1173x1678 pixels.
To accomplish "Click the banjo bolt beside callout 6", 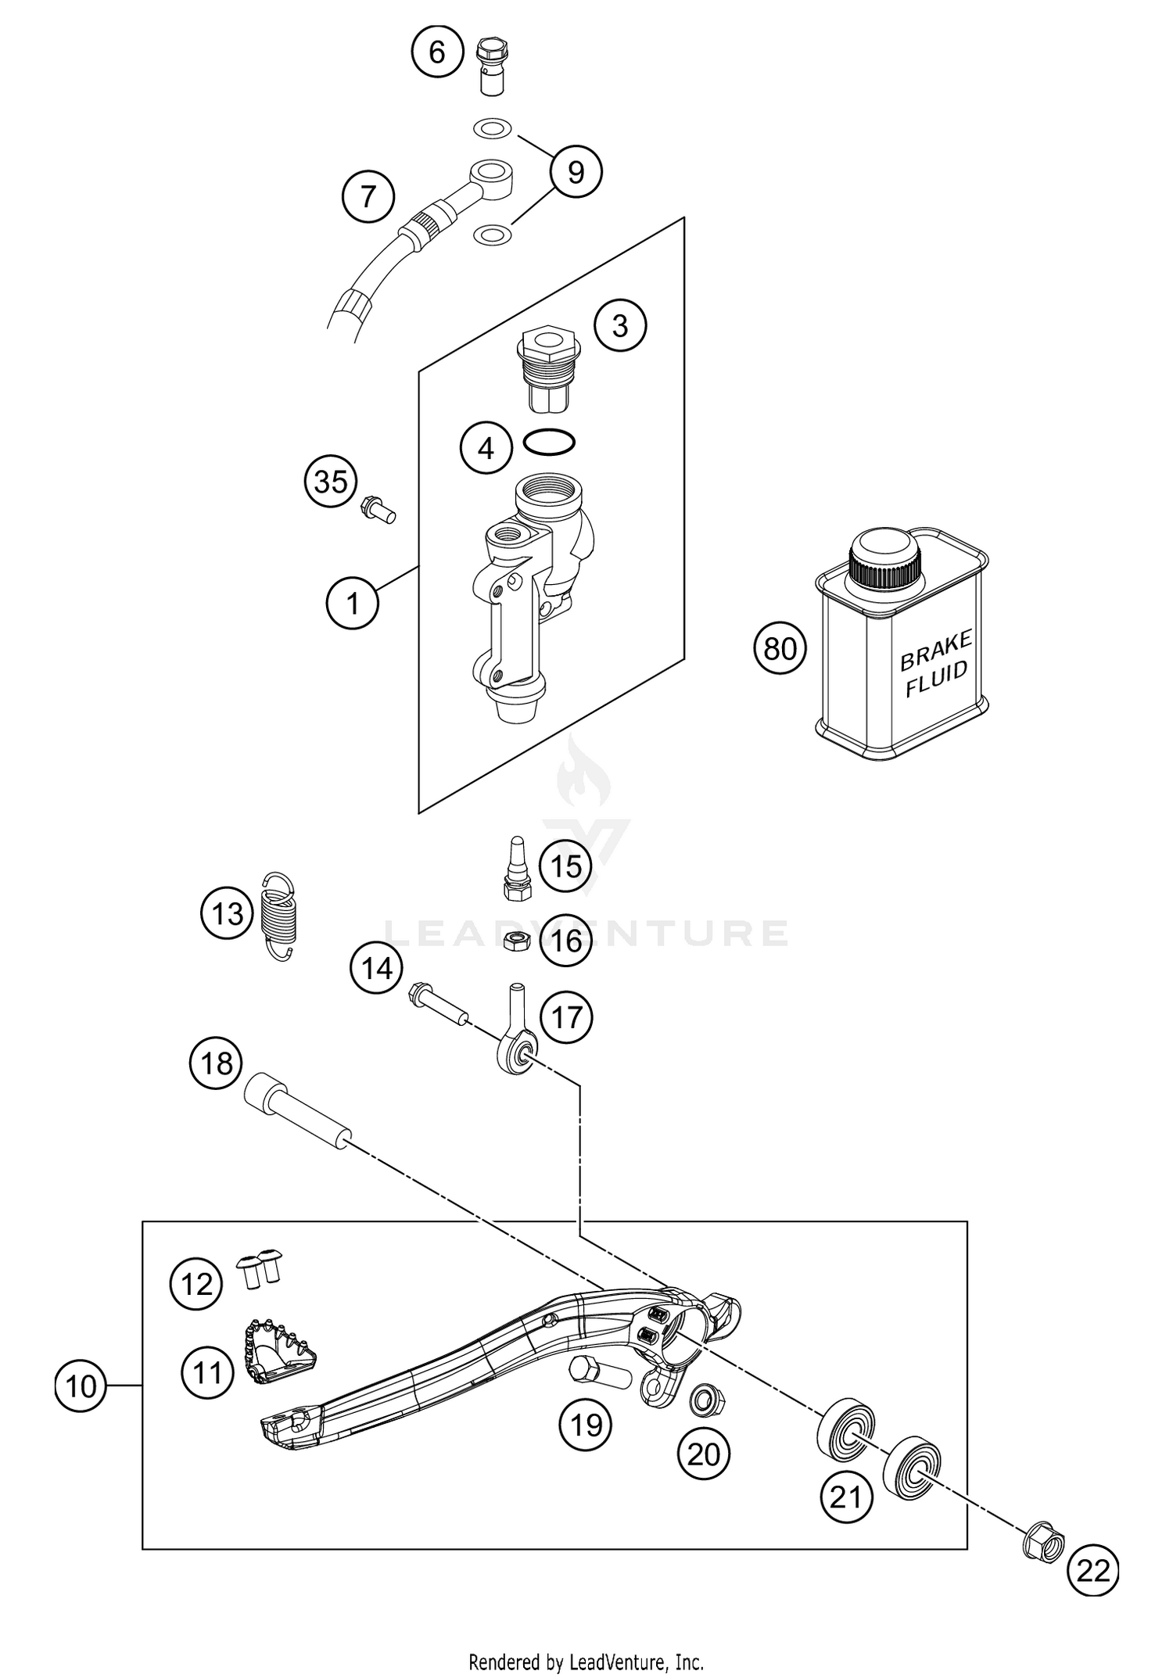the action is click(x=490, y=66).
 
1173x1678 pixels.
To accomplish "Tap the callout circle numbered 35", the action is click(x=331, y=482).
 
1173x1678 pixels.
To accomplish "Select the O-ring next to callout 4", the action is click(x=550, y=443).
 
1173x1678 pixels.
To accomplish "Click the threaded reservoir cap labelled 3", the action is click(x=550, y=371).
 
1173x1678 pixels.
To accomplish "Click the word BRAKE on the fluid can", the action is click(x=936, y=651).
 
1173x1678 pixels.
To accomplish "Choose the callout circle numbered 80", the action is click(x=780, y=648).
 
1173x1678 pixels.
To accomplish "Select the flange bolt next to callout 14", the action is click(x=437, y=1002).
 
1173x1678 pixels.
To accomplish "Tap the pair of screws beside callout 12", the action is click(x=260, y=1267).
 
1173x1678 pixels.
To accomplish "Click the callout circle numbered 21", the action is click(x=846, y=1497).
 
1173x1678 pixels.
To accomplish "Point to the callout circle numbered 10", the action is click(x=81, y=1386).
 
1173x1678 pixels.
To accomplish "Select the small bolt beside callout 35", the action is click(x=378, y=508).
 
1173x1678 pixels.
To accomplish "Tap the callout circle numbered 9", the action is click(x=576, y=172).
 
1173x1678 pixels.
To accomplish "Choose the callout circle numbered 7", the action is click(x=368, y=196).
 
